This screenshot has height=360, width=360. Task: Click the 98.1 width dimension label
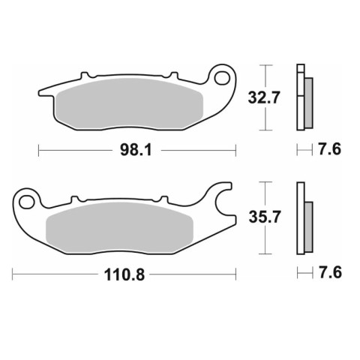tap(136, 150)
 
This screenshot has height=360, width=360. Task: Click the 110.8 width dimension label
tap(124, 274)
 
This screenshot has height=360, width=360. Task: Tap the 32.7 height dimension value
tap(263, 97)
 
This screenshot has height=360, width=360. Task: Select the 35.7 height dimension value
tap(265, 217)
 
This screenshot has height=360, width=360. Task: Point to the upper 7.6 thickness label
tap(329, 149)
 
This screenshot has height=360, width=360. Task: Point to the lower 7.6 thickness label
tap(330, 272)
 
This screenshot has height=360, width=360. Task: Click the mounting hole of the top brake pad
tap(222, 78)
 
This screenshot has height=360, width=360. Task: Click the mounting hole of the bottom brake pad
tap(27, 202)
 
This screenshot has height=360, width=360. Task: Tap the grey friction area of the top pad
tap(130, 104)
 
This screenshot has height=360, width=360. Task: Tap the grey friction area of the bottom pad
tap(119, 228)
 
